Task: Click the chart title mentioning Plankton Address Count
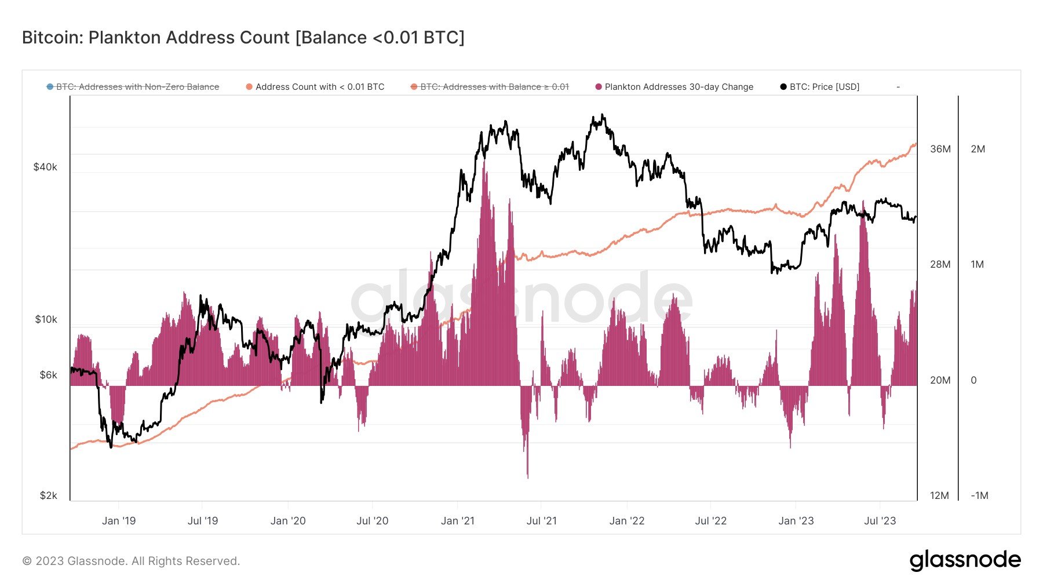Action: point(243,38)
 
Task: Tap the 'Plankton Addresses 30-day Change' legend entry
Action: point(679,87)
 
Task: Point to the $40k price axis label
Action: point(45,167)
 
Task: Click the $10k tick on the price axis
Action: point(46,319)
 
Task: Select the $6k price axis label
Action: point(48,375)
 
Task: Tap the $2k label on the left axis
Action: point(48,495)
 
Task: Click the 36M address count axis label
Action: point(940,149)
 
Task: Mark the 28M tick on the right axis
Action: point(940,264)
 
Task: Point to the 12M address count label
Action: point(939,495)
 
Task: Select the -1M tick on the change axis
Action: point(979,495)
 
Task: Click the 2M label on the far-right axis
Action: point(978,149)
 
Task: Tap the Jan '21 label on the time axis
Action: point(457,521)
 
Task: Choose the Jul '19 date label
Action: point(203,521)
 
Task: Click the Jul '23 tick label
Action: point(880,521)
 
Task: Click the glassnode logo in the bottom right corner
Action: point(965,560)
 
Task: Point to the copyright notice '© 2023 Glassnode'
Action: point(131,561)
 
